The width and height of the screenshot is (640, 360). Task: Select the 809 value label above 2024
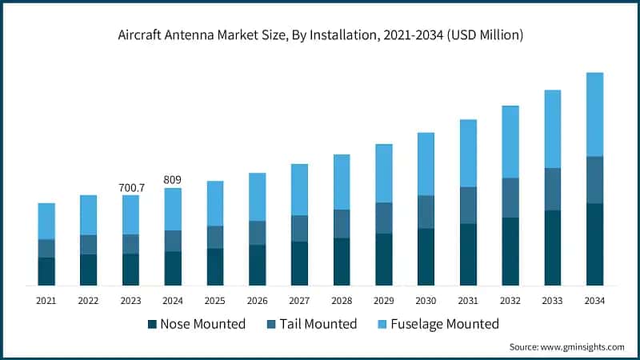[173, 180]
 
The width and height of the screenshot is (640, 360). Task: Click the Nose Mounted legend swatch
[152, 324]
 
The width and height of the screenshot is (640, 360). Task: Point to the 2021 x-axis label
[46, 300]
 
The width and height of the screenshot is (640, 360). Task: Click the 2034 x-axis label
[594, 300]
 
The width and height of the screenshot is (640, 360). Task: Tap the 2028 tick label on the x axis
[342, 300]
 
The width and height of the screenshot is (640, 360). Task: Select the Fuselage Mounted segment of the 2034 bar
[594, 114]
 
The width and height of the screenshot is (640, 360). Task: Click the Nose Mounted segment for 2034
[594, 244]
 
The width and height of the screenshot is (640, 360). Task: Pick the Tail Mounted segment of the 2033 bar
[553, 189]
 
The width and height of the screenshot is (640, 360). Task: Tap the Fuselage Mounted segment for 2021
[46, 221]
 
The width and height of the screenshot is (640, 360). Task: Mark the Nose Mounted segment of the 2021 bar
[46, 271]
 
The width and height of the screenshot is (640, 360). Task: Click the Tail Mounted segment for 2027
[299, 228]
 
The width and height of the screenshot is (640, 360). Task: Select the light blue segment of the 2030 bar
[426, 164]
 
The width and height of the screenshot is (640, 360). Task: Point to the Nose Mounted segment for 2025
[215, 266]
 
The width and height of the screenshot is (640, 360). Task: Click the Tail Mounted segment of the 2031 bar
[468, 205]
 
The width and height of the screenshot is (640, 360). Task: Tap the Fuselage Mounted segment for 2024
[173, 209]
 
